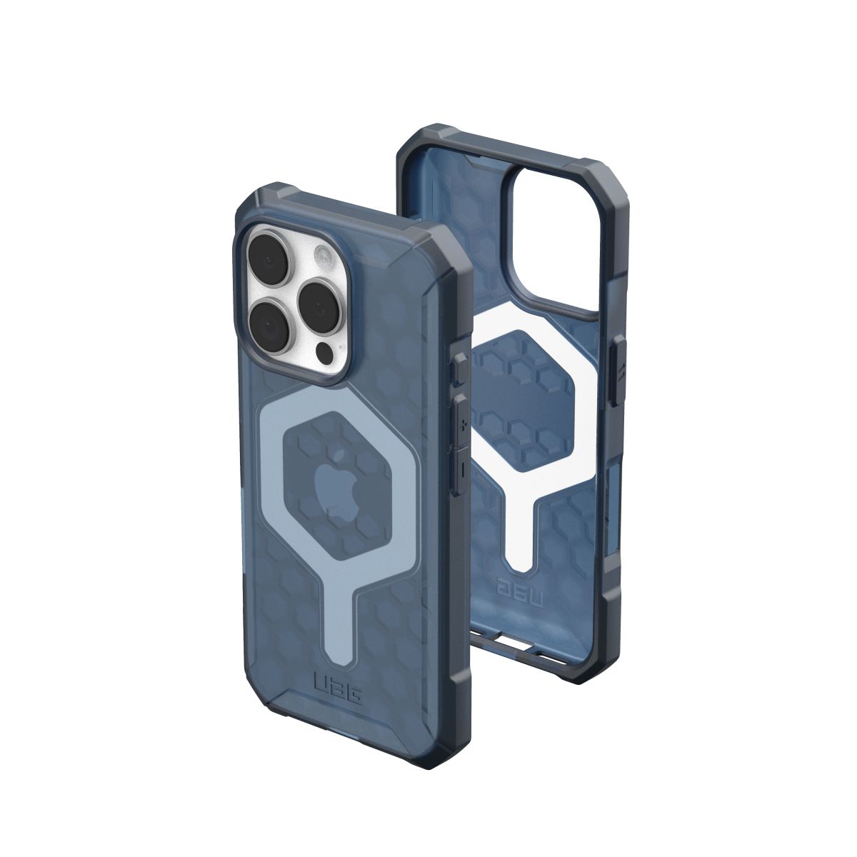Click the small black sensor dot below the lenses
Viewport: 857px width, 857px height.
[x=325, y=352]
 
